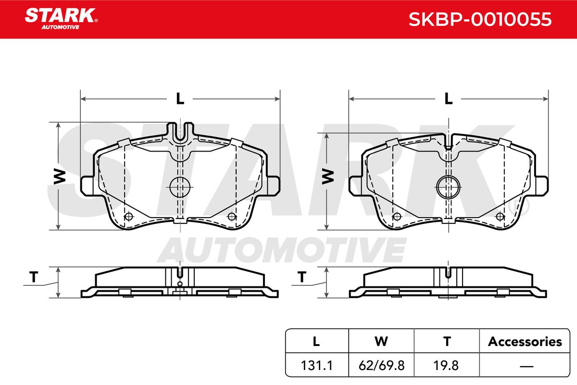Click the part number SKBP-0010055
pyautogui.click(x=480, y=19)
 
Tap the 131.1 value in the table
pyautogui.click(x=317, y=365)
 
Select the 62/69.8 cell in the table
pyautogui.click(x=381, y=365)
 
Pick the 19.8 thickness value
pyautogui.click(x=446, y=365)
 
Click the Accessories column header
pyautogui.click(x=525, y=342)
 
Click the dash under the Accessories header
pyautogui.click(x=527, y=366)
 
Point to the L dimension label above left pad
pyautogui.click(x=180, y=99)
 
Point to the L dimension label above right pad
pyautogui.click(x=449, y=99)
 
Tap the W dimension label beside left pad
pyautogui.click(x=60, y=177)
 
